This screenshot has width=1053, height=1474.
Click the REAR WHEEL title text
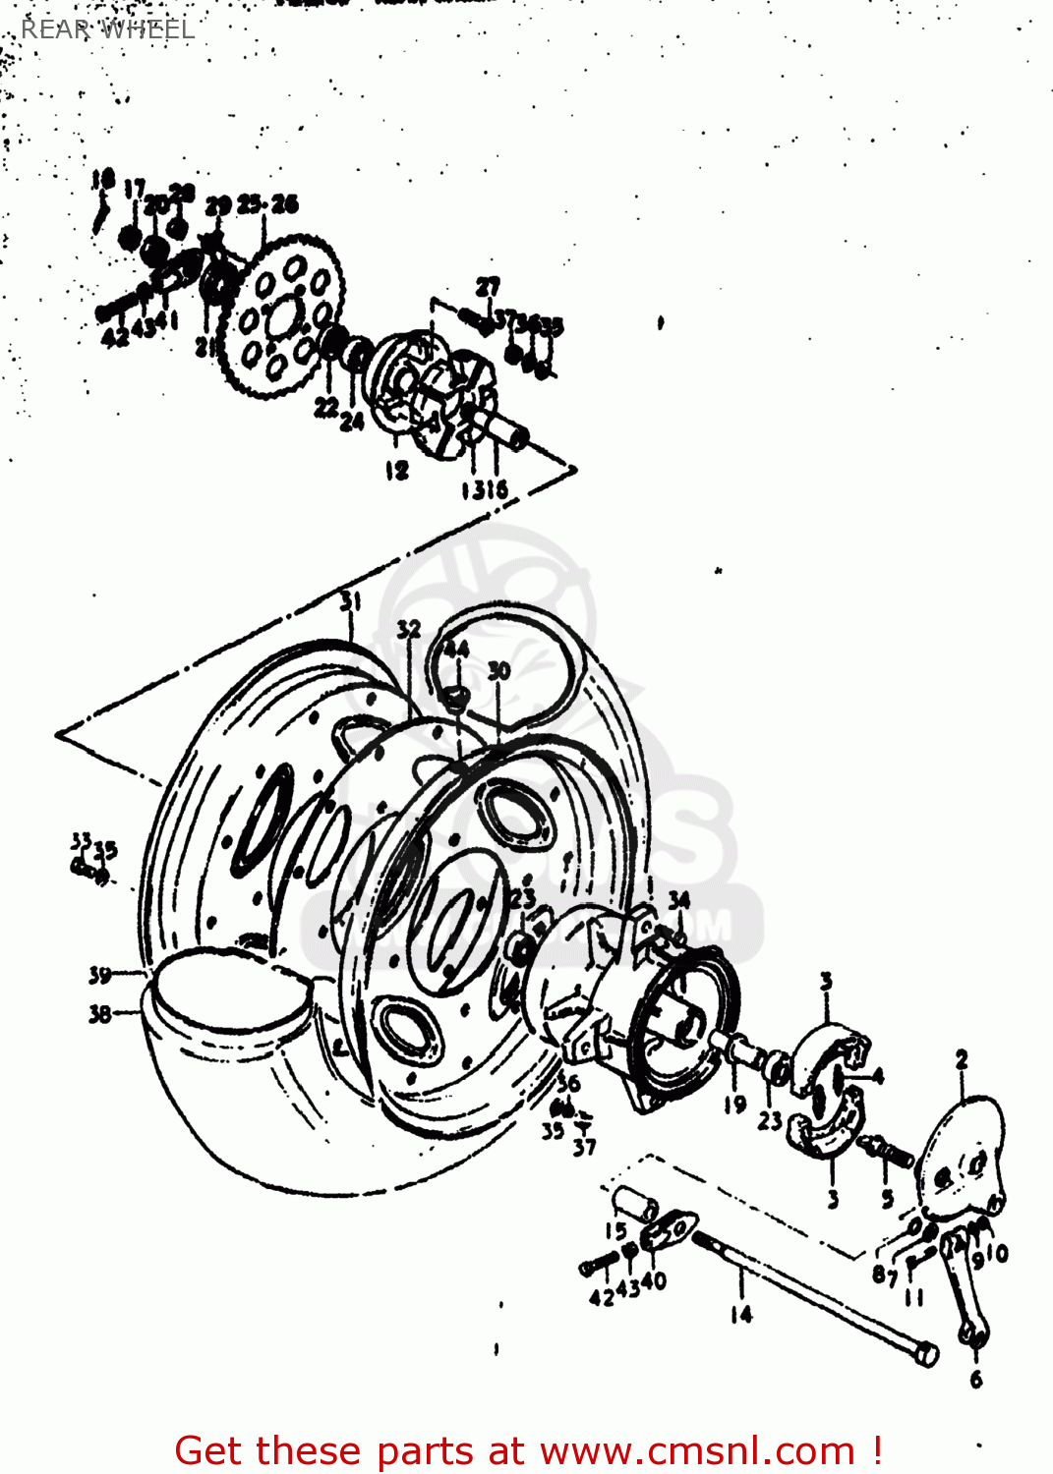(107, 29)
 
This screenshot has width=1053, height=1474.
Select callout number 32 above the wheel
(409, 629)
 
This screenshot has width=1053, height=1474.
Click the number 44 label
(455, 650)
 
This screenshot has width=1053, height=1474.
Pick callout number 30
(498, 671)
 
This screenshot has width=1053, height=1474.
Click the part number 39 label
(99, 975)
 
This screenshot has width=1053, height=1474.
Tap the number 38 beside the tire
(99, 1013)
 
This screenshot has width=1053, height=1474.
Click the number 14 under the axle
(740, 1314)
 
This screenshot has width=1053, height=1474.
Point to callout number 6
(975, 1379)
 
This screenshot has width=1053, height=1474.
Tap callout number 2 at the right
(961, 1059)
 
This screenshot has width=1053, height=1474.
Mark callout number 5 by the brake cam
(887, 1198)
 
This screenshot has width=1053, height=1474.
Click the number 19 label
(734, 1105)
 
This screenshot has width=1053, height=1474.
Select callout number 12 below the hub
(396, 471)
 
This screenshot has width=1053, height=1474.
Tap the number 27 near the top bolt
(488, 287)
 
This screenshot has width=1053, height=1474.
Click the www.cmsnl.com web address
(697, 1450)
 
